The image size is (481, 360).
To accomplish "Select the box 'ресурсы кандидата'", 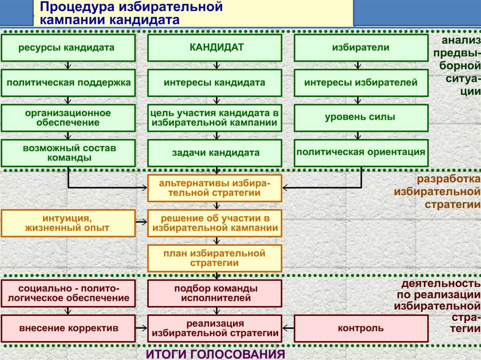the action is click(x=68, y=48).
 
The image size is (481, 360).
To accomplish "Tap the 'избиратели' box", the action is click(x=361, y=48).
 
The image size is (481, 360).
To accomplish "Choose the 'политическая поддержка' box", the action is click(x=68, y=83).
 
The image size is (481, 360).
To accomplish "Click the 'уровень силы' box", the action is click(x=361, y=117).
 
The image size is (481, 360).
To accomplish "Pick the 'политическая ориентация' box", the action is click(x=361, y=152).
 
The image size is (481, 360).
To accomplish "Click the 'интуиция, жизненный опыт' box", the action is click(x=68, y=223).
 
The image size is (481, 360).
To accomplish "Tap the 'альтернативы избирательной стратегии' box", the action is click(x=215, y=188).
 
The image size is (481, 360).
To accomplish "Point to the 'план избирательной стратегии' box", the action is click(x=215, y=258).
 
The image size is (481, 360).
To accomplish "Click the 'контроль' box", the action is click(x=361, y=328).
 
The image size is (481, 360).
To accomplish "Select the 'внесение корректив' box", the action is click(x=68, y=328).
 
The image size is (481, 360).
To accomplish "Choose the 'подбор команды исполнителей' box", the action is click(x=215, y=293).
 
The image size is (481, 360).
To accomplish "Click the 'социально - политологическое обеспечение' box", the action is click(x=68, y=293).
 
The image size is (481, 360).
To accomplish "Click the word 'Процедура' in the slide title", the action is click(x=70, y=8).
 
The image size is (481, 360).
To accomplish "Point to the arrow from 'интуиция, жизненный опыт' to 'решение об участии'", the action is click(x=141, y=221).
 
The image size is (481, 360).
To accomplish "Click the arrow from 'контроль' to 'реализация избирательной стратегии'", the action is click(x=288, y=328).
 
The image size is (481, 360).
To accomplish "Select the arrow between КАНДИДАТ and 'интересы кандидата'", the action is click(x=216, y=65).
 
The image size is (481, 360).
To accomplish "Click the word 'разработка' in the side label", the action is click(x=448, y=180).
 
